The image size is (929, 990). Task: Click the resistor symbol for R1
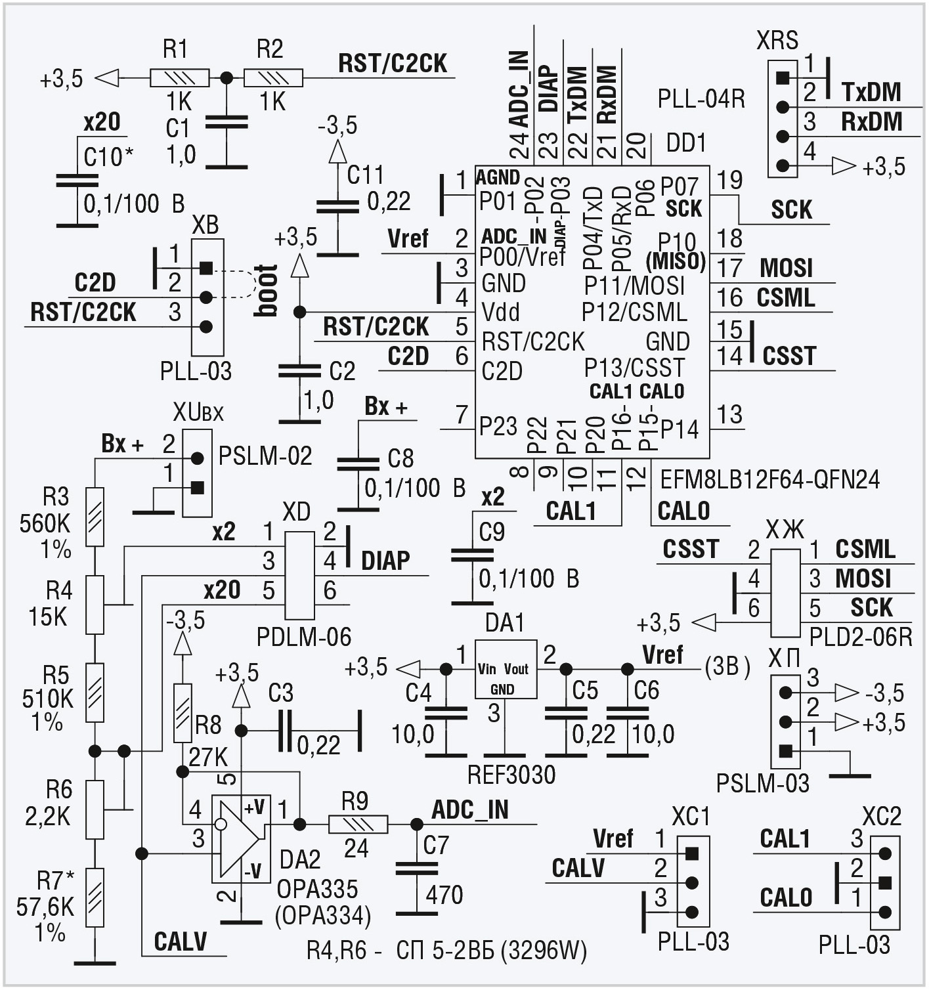tap(179, 78)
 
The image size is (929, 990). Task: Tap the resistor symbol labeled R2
tap(273, 78)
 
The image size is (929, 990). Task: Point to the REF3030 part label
tap(511, 775)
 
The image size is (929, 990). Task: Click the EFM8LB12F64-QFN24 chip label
tap(769, 480)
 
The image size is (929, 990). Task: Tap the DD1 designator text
tap(686, 142)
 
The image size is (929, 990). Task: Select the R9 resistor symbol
tap(358, 824)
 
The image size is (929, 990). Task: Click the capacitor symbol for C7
tap(416, 869)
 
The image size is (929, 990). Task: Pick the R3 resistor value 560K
tap(45, 523)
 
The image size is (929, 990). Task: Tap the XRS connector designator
tap(777, 41)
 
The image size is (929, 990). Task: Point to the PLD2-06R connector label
tap(861, 637)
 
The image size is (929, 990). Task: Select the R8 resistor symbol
tap(183, 713)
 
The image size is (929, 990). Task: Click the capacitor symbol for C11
tap(337, 207)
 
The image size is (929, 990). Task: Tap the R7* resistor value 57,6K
tap(45, 907)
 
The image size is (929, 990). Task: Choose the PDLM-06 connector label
tap(304, 636)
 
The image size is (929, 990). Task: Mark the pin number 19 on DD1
tap(729, 180)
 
